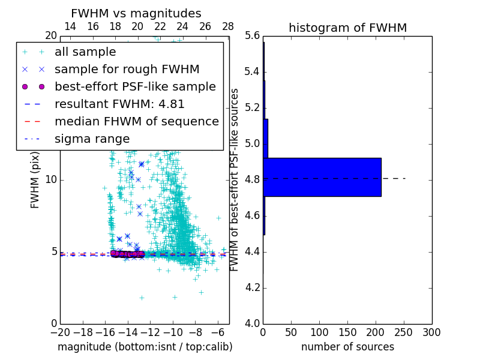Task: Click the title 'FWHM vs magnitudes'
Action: (x=136, y=14)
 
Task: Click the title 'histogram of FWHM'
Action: (x=347, y=28)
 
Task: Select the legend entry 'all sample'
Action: (x=85, y=52)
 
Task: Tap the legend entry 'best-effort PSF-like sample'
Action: (x=135, y=87)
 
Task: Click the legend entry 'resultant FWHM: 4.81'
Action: (x=119, y=104)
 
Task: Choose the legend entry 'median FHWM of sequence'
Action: (x=136, y=122)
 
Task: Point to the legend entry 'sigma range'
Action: (x=92, y=139)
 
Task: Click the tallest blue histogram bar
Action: (x=322, y=177)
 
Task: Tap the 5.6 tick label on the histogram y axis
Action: (x=253, y=36)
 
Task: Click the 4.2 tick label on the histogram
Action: (x=253, y=287)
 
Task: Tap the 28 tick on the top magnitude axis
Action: (x=228, y=26)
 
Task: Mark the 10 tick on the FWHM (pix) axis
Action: (x=51, y=180)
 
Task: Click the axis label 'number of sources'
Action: (x=347, y=347)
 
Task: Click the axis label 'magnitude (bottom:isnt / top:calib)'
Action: (x=145, y=347)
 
